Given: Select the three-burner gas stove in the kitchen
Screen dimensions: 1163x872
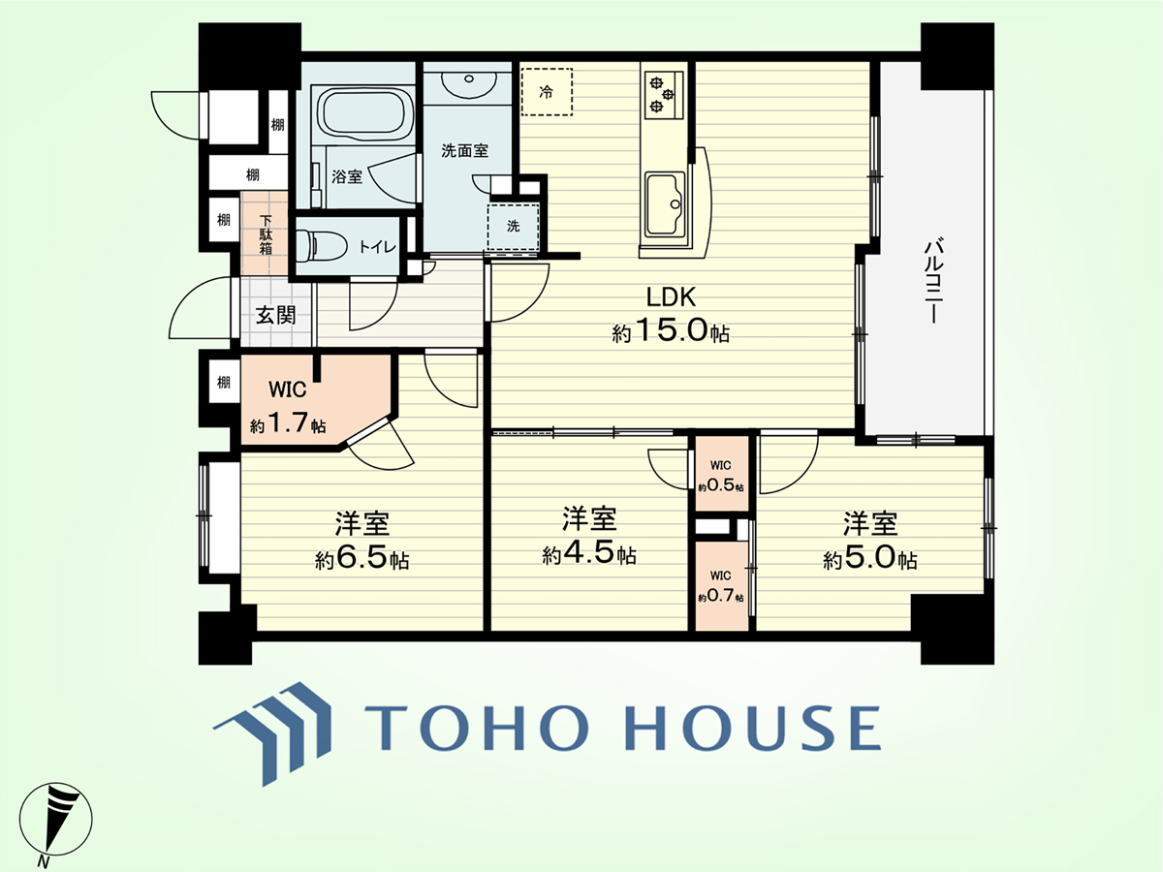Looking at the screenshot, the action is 663,95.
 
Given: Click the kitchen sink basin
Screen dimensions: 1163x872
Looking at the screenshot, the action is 666,204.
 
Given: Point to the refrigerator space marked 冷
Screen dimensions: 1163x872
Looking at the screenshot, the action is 547,92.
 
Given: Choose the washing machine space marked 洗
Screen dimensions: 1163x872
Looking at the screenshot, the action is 513,227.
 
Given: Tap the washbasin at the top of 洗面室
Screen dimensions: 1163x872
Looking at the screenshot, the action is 468,83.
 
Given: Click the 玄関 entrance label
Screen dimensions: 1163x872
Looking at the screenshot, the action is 275,316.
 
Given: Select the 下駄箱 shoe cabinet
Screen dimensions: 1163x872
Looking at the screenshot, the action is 265,233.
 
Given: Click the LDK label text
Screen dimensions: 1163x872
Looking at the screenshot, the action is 671,297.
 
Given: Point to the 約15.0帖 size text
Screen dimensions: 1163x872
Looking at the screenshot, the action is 671,332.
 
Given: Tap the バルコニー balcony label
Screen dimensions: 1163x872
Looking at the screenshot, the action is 933,281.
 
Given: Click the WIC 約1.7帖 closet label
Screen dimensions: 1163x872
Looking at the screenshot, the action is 288,407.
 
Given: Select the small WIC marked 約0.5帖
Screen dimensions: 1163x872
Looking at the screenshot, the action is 721,476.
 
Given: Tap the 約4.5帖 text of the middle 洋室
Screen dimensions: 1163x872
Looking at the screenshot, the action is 589,554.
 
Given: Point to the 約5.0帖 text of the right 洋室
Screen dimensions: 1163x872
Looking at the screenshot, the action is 870,559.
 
